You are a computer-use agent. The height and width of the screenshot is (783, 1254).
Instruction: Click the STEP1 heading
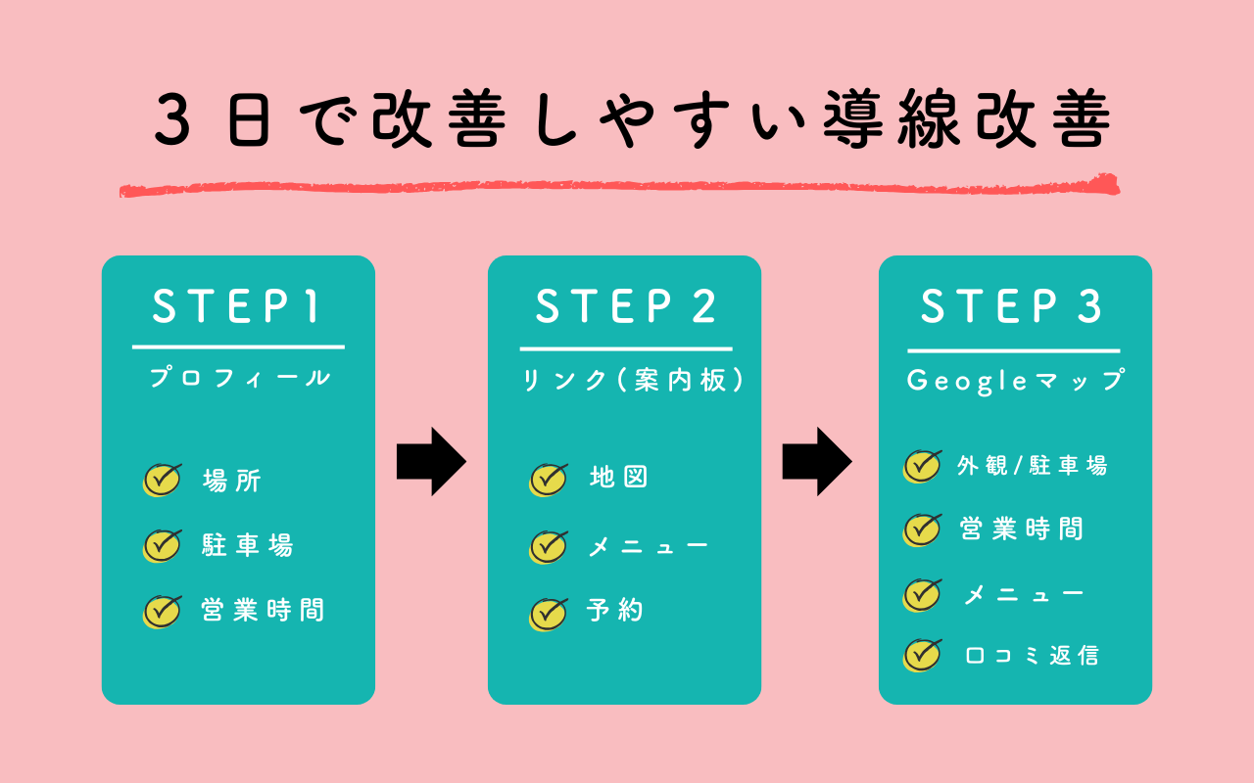coord(237,307)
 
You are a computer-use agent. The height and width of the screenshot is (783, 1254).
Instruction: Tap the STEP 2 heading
coord(625,307)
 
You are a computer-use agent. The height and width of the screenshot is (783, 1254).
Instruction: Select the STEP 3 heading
coord(1013,307)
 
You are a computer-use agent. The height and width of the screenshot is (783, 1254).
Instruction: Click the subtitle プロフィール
coord(239,378)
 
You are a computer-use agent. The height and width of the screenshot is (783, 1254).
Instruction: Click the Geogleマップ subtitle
coord(1015,381)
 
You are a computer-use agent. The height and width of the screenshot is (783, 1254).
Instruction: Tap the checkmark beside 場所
coord(163,480)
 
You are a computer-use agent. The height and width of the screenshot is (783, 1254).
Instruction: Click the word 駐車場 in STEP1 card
coord(248,545)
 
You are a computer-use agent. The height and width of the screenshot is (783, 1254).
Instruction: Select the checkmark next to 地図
coord(549,479)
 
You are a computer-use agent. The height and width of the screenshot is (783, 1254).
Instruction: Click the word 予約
coord(614,611)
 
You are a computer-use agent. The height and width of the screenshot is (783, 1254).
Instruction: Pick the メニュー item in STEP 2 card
coord(647,546)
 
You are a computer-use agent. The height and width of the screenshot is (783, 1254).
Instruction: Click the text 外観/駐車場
coord(1032,466)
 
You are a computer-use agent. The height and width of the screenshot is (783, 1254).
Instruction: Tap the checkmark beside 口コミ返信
coord(922,655)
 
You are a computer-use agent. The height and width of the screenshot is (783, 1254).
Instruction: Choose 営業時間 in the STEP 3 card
coord(1022,530)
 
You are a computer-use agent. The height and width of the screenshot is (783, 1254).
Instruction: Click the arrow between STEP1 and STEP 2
coord(431,461)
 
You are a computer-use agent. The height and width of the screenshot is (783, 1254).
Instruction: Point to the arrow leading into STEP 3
coord(817,461)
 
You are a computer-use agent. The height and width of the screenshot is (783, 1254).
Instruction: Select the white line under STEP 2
coord(625,348)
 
